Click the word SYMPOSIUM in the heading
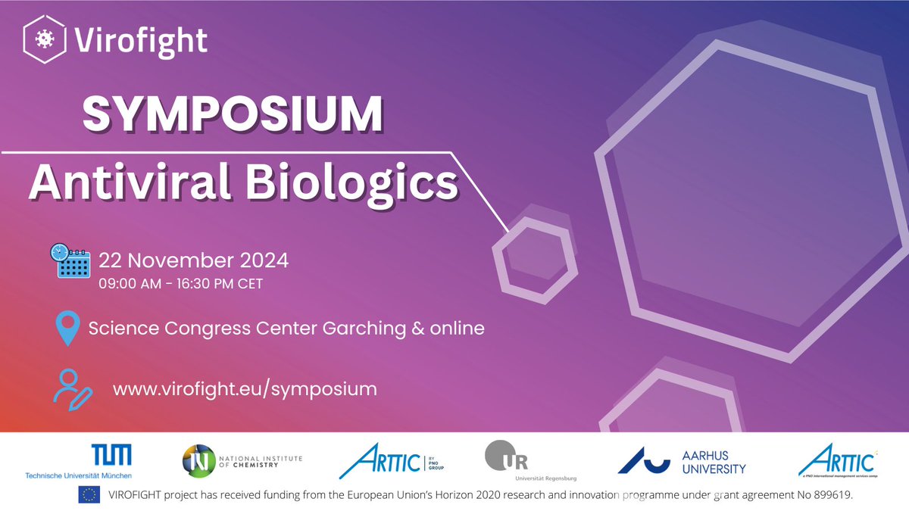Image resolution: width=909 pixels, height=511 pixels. click(x=232, y=116)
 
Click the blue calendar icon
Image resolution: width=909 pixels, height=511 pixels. click(x=70, y=262)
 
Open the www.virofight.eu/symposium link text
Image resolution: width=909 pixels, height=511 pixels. click(x=245, y=389)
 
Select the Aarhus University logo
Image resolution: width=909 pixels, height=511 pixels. click(x=682, y=460)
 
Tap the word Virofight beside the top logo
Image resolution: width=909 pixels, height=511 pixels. click(x=142, y=39)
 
